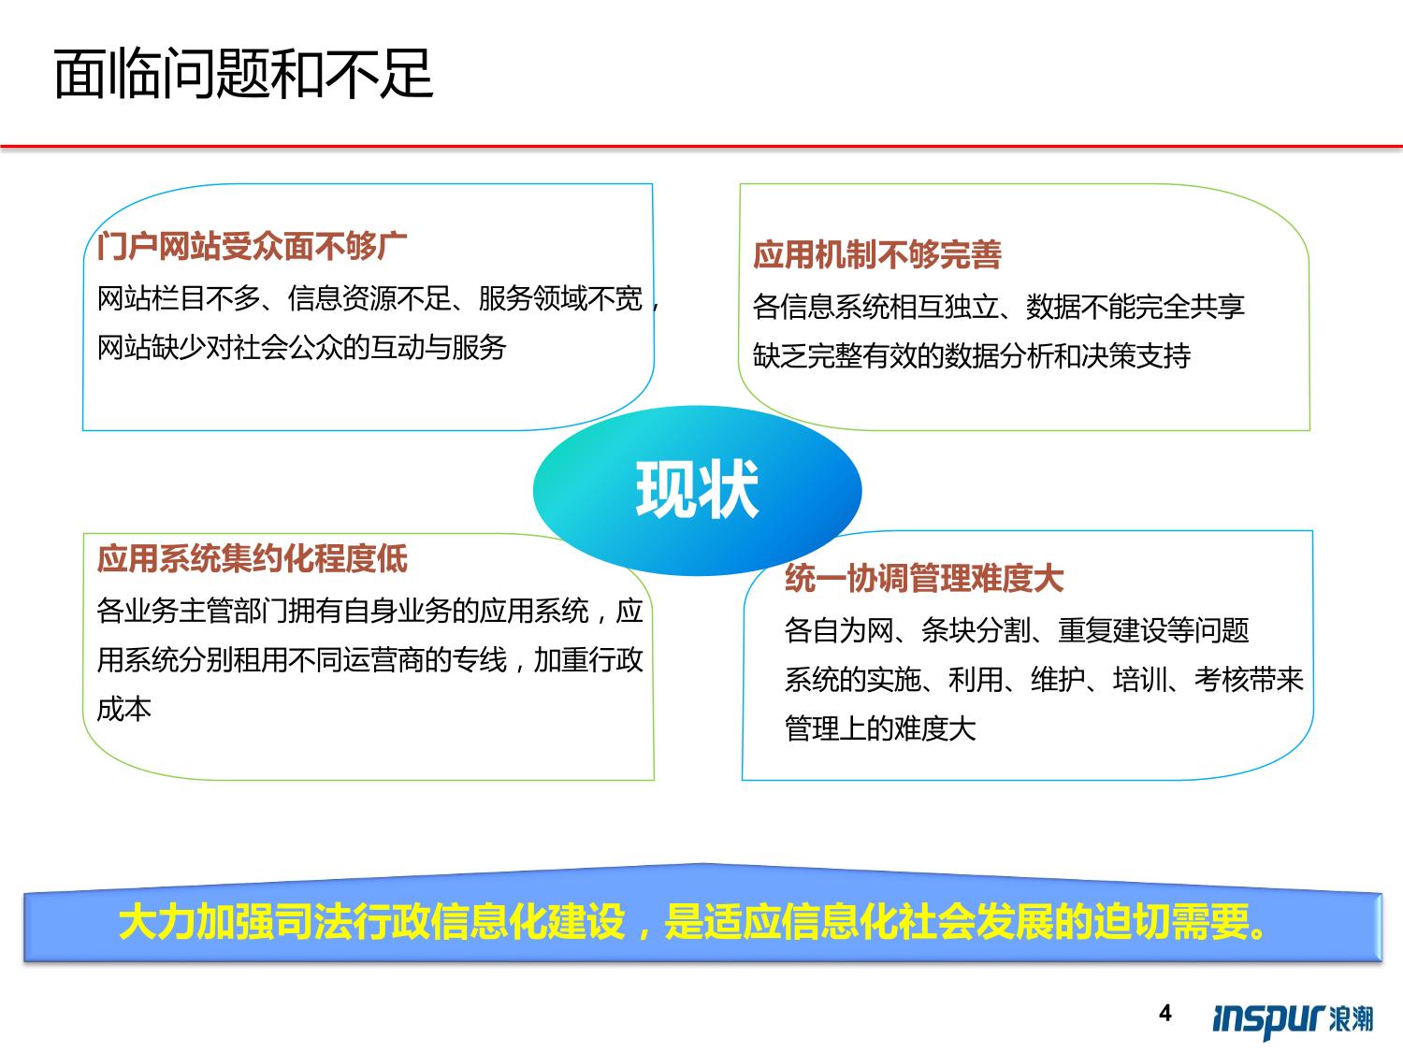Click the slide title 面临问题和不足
[x=243, y=75]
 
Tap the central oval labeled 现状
[x=698, y=491]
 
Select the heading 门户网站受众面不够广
[x=252, y=247]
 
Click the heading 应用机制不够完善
[x=877, y=255]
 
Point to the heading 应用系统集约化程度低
[x=252, y=559]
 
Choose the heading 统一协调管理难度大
[x=923, y=579]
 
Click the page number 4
[x=1165, y=1013]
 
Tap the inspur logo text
[x=1269, y=1018]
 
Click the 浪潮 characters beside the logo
[x=1351, y=1018]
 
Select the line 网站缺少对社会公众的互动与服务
[x=302, y=348]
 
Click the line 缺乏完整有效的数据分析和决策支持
[x=972, y=355]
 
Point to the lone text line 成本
[x=124, y=709]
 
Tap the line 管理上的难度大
[x=880, y=728]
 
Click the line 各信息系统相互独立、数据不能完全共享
[x=998, y=307]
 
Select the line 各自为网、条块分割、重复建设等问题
[x=1017, y=630]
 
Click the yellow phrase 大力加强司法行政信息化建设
[x=371, y=922]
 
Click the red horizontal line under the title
[x=701, y=146]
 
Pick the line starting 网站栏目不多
[x=379, y=299]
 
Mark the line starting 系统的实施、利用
[x=1044, y=680]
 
